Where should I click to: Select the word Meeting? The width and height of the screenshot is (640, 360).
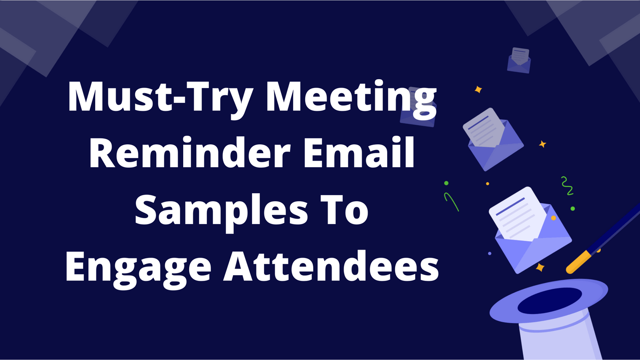tap(351, 97)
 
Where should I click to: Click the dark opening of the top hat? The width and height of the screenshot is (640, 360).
tap(550, 300)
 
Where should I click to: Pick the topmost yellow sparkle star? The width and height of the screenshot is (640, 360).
tap(478, 90)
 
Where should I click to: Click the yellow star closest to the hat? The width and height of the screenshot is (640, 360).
tap(540, 267)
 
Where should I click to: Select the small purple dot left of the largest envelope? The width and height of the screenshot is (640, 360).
tap(490, 253)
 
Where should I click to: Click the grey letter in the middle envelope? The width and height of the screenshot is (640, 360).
tap(484, 128)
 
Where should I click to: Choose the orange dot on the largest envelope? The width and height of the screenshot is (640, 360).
tap(554, 218)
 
